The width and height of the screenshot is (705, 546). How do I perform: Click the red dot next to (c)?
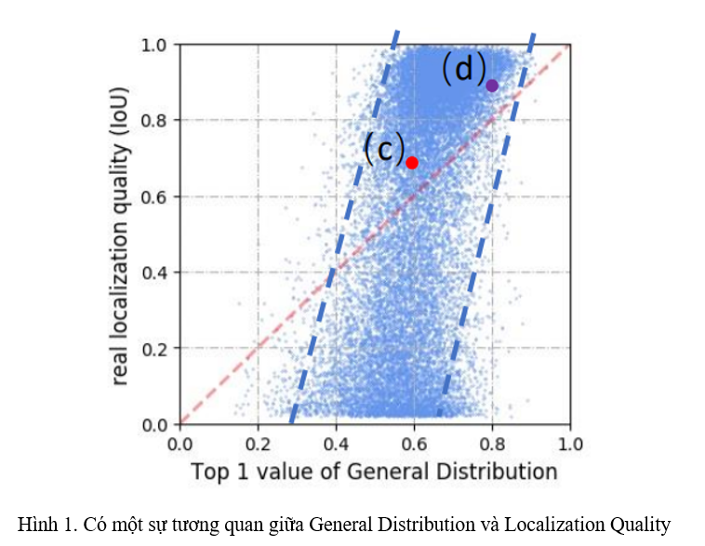pos(412,163)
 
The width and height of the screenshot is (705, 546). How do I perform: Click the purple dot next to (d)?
pos(492,86)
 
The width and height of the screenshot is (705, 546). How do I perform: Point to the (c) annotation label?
pos(383,148)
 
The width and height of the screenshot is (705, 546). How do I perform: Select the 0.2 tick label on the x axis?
pos(258,442)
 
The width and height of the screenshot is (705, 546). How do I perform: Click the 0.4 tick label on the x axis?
pos(336,442)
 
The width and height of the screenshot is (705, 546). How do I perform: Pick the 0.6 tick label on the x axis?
pos(414,442)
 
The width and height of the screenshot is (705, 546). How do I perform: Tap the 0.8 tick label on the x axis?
pos(492,442)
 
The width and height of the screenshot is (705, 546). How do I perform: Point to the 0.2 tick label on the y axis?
pos(154,349)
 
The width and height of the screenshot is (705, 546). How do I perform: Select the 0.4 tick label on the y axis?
pos(154,273)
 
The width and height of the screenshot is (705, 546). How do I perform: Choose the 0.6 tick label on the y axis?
pos(154,196)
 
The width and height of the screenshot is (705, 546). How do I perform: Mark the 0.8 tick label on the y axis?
pos(154,120)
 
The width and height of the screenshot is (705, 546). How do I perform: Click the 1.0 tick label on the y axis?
pos(154,44)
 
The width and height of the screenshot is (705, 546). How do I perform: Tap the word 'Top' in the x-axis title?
pos(209,472)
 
